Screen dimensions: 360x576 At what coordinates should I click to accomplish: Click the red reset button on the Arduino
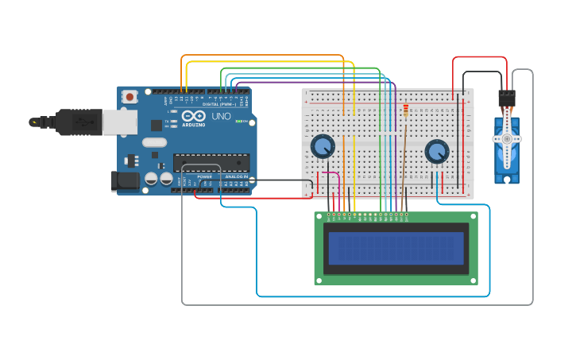point(130,96)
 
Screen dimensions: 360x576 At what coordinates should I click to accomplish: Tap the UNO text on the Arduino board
point(222,117)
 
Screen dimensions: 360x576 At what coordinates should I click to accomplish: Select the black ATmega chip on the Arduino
point(211,161)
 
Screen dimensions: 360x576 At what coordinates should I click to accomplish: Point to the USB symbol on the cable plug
point(83,122)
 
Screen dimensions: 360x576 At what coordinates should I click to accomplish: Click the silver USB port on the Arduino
point(120,122)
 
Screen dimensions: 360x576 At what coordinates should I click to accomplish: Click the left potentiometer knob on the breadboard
point(323,146)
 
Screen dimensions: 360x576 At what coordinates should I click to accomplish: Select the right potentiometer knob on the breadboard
point(437,151)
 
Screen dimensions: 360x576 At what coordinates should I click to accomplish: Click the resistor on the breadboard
point(405,110)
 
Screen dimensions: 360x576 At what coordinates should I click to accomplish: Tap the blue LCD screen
point(396,248)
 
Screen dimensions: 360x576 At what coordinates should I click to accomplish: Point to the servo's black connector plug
point(506,99)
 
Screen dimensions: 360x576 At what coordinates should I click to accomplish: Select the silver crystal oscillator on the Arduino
point(155,142)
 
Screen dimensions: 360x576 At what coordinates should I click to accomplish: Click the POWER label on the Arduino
point(204,176)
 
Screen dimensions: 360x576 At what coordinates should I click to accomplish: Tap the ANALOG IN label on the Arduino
point(236,176)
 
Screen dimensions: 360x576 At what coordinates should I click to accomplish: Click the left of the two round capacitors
point(151,180)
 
